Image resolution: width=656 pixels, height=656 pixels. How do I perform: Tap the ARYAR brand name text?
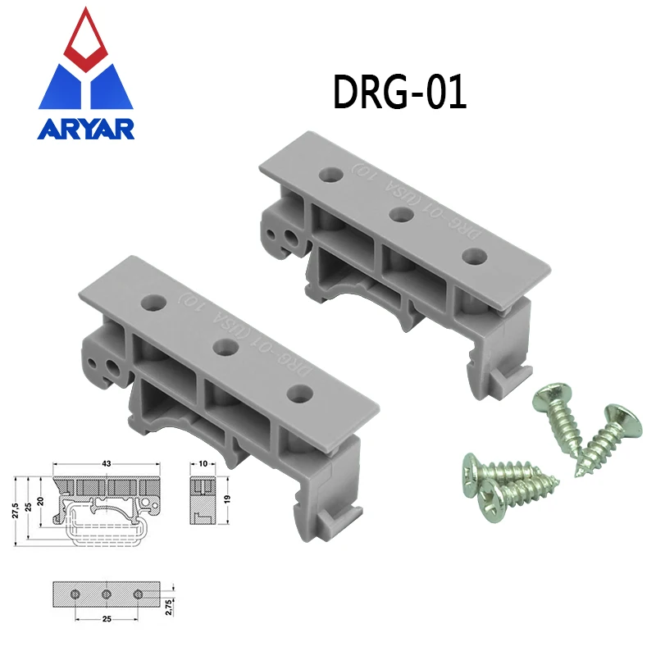85,130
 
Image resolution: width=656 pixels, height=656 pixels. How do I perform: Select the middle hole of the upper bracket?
401,215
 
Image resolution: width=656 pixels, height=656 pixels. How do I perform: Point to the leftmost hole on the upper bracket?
330,175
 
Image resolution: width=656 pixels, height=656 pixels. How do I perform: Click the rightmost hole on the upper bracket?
471,255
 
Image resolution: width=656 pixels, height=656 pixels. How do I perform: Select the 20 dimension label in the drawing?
40,501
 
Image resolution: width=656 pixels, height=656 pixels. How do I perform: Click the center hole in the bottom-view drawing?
106,592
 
